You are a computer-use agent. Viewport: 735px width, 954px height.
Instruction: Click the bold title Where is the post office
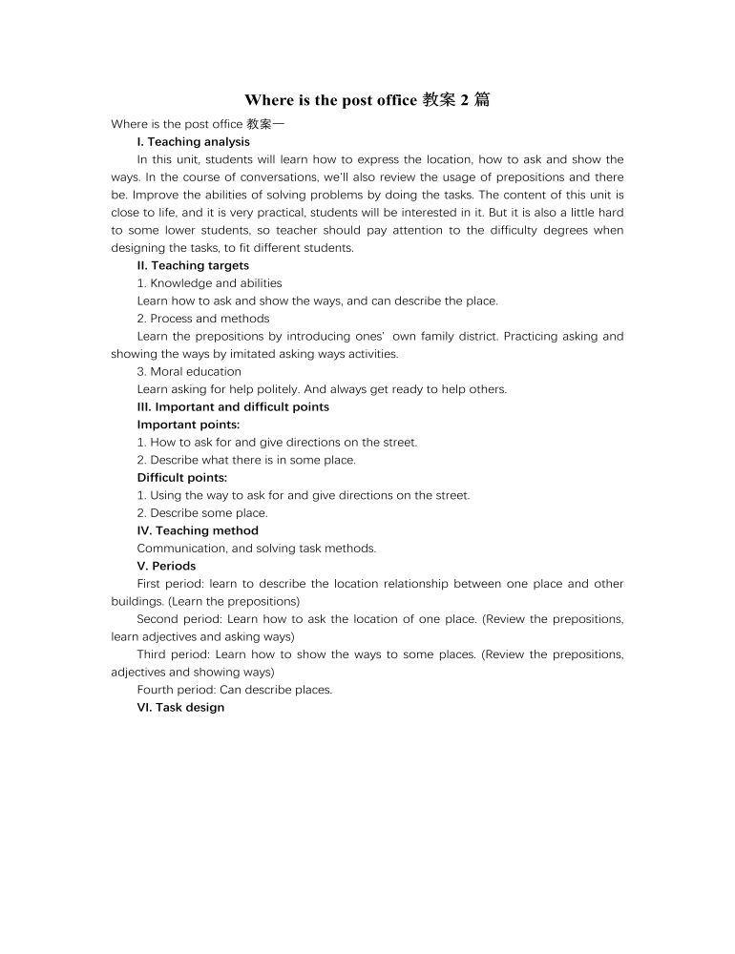(x=330, y=100)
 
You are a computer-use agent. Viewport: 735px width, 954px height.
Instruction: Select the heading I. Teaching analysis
(x=194, y=142)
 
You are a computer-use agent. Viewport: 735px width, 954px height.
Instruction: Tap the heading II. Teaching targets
(x=193, y=266)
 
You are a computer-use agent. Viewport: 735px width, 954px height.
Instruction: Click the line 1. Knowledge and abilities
(x=209, y=283)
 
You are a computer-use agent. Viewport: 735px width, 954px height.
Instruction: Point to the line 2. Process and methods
(x=203, y=319)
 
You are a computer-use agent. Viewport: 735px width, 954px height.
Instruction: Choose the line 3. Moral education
(x=189, y=372)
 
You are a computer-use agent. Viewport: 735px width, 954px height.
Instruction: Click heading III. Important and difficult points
(x=233, y=407)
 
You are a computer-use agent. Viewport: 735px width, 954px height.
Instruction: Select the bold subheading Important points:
(x=188, y=425)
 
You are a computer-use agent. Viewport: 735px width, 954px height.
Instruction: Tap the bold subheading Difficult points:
(x=182, y=478)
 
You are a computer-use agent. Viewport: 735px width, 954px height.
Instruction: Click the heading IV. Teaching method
(x=198, y=530)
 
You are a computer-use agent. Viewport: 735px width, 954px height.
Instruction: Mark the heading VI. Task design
(x=180, y=708)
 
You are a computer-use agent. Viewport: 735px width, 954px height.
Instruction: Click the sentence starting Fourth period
(x=235, y=690)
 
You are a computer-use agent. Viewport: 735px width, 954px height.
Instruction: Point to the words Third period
(x=174, y=654)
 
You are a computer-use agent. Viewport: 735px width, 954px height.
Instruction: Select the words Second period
(x=178, y=619)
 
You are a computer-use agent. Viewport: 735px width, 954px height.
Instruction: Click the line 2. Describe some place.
(x=202, y=513)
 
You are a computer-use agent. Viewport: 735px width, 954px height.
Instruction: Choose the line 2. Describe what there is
(x=246, y=460)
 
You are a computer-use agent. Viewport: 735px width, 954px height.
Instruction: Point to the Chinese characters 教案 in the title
(x=440, y=100)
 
